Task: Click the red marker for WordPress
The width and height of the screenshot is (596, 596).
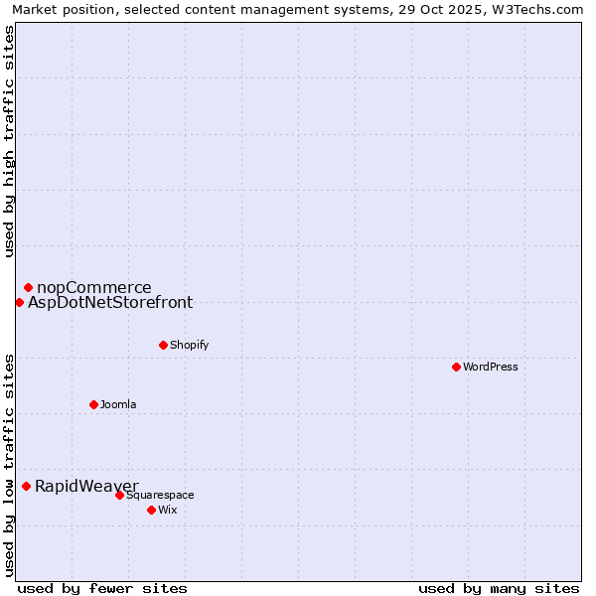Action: [x=456, y=367]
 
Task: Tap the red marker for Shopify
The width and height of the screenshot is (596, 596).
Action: [x=163, y=345]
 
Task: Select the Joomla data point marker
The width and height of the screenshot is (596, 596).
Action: [x=93, y=404]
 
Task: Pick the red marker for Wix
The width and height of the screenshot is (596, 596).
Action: [x=151, y=510]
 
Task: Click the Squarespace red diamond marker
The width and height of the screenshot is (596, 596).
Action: [x=119, y=495]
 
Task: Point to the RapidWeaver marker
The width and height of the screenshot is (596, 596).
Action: [x=26, y=486]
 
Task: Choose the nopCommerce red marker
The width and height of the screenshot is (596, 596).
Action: [x=28, y=287]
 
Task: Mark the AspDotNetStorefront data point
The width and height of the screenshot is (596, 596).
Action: [x=19, y=302]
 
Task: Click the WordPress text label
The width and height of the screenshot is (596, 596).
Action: [x=490, y=367]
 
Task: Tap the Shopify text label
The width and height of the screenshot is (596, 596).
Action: [x=189, y=345]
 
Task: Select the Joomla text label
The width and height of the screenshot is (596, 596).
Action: [x=118, y=404]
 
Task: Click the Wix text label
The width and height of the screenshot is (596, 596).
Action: [x=167, y=510]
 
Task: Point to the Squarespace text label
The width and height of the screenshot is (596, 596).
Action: [x=160, y=495]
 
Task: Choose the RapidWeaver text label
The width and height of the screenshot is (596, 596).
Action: [x=86, y=486]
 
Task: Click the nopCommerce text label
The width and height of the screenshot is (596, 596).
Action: [x=94, y=288]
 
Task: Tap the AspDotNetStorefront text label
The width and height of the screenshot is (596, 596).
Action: [x=110, y=303]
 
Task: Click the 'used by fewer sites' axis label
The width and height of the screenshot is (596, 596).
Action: [x=102, y=588]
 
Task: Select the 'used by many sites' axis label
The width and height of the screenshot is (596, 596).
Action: [x=499, y=588]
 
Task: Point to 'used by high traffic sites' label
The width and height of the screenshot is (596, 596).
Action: [x=9, y=141]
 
